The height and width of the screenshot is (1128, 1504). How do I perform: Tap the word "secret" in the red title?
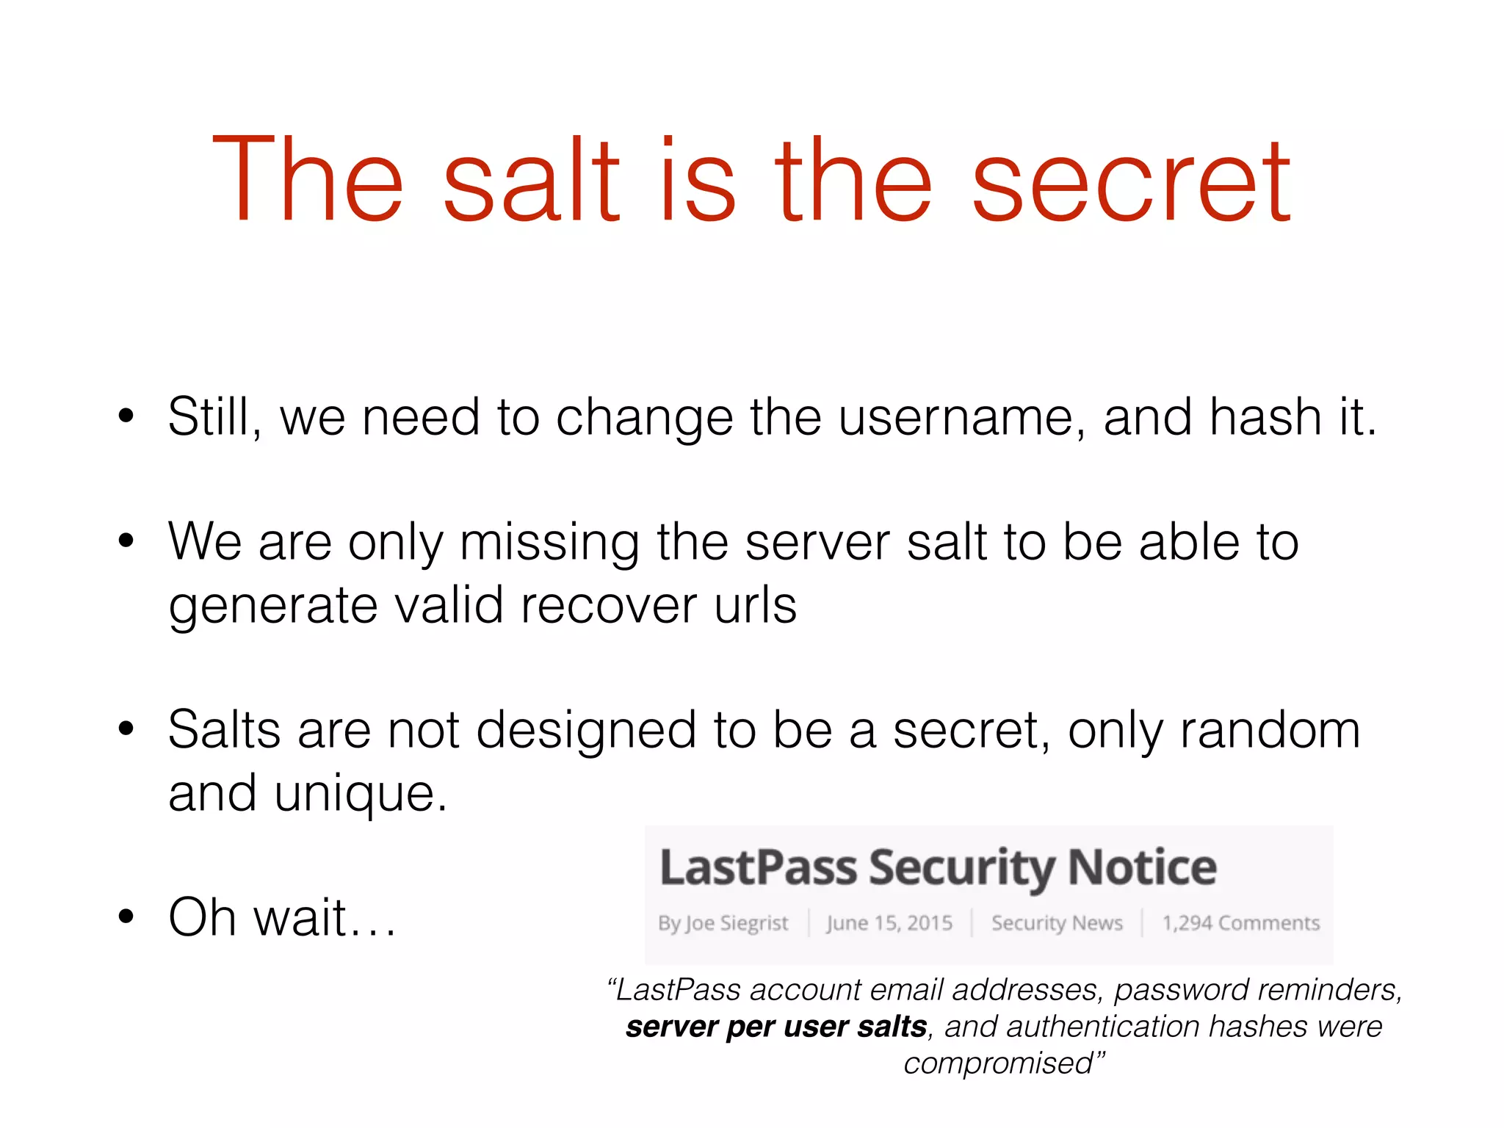[x=1131, y=182]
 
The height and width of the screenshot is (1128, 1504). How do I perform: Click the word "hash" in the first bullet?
[x=1266, y=417]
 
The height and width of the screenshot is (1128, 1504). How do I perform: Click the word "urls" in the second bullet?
[x=756, y=605]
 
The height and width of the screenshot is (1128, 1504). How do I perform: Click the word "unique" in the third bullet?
[x=361, y=795]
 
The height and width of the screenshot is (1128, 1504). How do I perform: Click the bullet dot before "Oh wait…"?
[x=126, y=916]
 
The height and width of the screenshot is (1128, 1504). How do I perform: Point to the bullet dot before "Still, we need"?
[x=126, y=416]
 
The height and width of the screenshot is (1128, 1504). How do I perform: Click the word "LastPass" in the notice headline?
[x=758, y=868]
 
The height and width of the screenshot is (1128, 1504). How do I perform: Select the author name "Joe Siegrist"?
[x=736, y=923]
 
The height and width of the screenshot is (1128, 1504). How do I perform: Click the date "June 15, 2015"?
[x=889, y=923]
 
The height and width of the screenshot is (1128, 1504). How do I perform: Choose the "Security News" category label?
[x=1057, y=923]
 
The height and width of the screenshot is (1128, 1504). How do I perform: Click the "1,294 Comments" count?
[x=1240, y=923]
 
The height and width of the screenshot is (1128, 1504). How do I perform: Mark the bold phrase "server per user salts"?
[x=776, y=1027]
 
